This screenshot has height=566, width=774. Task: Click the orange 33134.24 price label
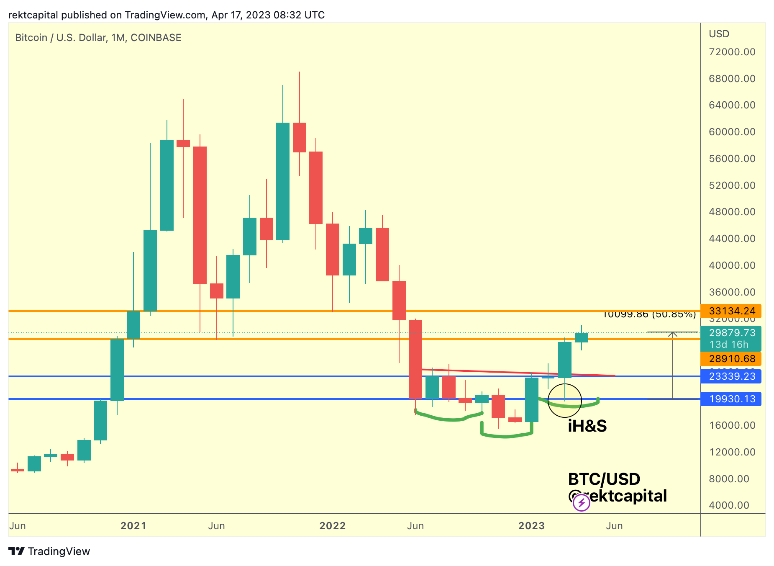pos(731,311)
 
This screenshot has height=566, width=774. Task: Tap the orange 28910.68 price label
pos(731,359)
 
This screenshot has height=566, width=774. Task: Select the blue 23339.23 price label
pos(731,376)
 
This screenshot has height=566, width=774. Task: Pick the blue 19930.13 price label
pos(731,399)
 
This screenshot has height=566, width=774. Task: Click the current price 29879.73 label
pos(731,333)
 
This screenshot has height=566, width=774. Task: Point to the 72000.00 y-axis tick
pos(732,52)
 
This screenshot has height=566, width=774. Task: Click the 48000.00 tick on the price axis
pos(732,212)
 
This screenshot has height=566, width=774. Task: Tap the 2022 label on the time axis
pos(332,526)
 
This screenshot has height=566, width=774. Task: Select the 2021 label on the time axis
pos(133,526)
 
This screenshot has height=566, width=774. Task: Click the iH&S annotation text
pos(587,426)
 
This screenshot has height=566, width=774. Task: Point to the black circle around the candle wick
pos(565,401)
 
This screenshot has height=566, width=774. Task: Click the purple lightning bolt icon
pos(581,503)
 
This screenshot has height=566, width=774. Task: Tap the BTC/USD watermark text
pos(604,479)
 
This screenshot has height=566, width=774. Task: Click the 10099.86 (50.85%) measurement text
pos(649,314)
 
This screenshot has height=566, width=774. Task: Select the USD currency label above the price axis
pos(719,34)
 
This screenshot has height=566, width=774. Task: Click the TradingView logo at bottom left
pos(49,551)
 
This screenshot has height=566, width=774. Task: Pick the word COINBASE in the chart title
pos(156,38)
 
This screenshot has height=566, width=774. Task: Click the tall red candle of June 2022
pos(415,359)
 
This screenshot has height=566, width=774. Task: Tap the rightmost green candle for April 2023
pos(582,337)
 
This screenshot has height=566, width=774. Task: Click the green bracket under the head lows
pos(507,436)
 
